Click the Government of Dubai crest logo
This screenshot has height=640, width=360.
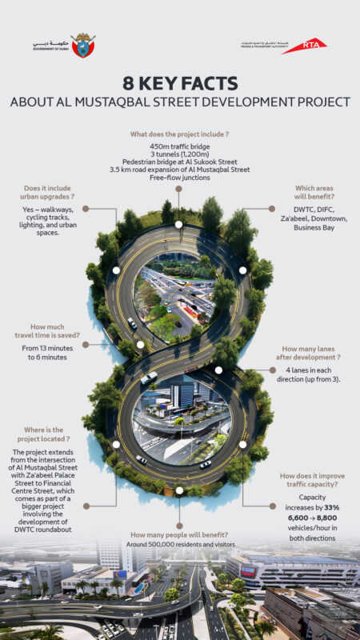coord(83,46)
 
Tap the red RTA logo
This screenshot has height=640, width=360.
coord(305,46)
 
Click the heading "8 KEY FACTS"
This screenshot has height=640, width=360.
coord(180,84)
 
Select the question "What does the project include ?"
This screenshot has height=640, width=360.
coord(179,134)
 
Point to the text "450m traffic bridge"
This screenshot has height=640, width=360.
coord(179,146)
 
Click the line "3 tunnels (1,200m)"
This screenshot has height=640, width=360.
coord(179,154)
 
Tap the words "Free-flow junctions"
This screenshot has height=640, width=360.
coord(179,178)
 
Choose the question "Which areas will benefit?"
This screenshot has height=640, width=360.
coord(314,192)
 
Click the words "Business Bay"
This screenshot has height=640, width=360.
coord(314,227)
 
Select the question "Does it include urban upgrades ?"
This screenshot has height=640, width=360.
coord(47,192)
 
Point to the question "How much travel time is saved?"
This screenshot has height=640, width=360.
coord(47,331)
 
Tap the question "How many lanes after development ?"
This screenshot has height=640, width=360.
coord(310,353)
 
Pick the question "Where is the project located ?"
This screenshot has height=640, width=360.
coord(43,434)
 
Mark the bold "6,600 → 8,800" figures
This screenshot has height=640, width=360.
coord(312,518)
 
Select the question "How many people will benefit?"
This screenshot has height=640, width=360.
coord(179,534)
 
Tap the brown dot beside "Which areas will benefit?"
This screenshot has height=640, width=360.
coord(272,209)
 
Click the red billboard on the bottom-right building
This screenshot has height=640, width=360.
coord(248,571)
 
